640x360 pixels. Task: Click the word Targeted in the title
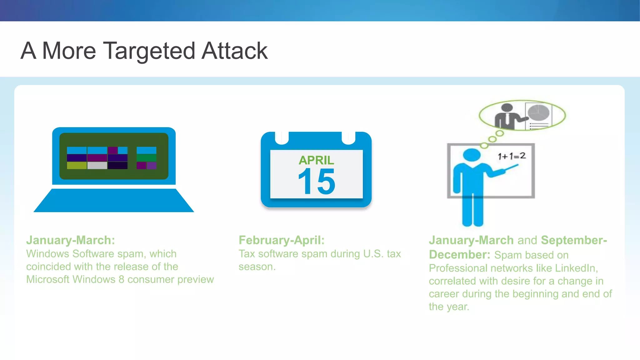(x=150, y=51)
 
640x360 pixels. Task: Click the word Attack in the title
(x=234, y=51)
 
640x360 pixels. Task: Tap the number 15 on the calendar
(x=316, y=181)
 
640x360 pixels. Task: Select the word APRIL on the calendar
(x=316, y=160)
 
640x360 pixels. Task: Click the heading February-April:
(x=282, y=240)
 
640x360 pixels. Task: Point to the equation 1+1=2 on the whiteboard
(x=512, y=156)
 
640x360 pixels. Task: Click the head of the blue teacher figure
(x=471, y=155)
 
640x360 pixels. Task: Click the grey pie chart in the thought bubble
(x=538, y=113)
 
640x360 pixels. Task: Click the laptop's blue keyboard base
(x=114, y=201)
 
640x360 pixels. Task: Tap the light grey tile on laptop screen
(x=97, y=165)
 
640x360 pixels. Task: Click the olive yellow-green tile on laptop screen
(x=77, y=165)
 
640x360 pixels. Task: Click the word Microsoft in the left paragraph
(x=47, y=279)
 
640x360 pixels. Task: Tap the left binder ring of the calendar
(x=282, y=138)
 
